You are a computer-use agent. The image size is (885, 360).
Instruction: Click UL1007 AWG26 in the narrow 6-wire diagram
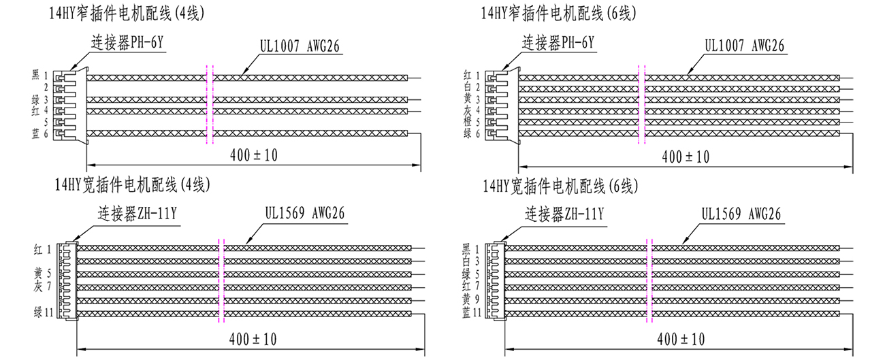(744, 46)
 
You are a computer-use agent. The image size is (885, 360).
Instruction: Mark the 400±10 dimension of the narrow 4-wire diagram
(254, 154)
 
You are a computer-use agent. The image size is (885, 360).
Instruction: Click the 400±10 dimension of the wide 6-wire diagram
(681, 338)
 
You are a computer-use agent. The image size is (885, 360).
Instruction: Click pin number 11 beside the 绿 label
(48, 312)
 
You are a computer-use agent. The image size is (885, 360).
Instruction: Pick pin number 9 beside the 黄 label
(477, 299)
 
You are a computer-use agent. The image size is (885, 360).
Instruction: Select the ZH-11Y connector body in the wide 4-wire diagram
(67, 280)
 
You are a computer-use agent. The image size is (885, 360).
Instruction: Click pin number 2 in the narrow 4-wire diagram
(46, 88)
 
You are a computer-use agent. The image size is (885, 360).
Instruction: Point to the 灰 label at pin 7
(38, 287)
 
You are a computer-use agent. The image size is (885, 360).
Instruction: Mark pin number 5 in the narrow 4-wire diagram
(46, 122)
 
